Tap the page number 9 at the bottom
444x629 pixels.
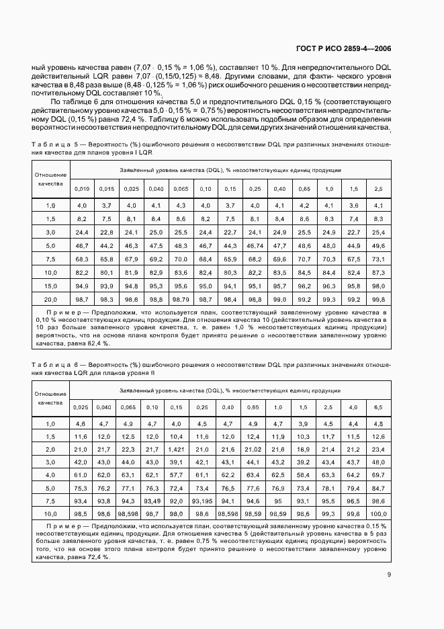389,574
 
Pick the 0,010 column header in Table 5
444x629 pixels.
81,189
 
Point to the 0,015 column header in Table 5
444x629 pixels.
106,189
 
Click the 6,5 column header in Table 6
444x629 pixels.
378,408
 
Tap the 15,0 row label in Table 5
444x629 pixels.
51,285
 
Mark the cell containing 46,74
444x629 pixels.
255,246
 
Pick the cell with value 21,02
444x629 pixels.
253,449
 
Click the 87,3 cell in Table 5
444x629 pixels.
378,272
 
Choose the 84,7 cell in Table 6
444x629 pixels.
378,487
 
